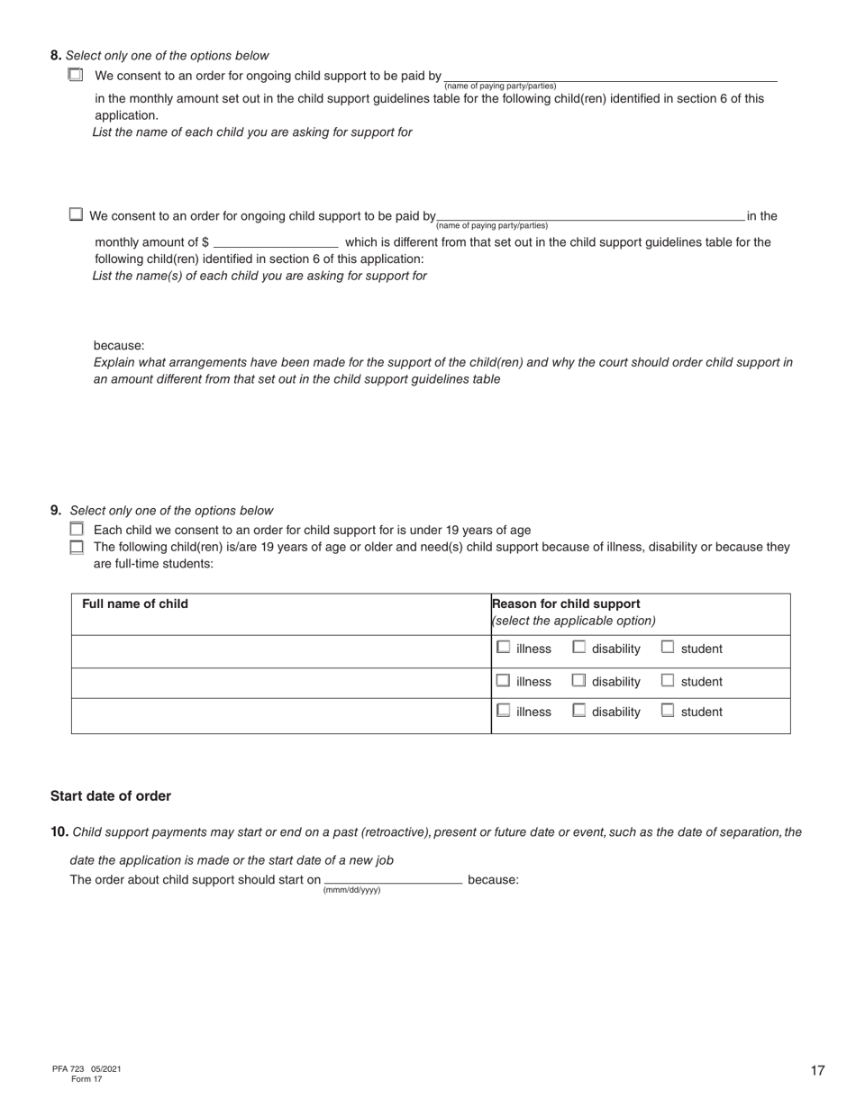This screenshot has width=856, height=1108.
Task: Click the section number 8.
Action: pyautogui.click(x=56, y=55)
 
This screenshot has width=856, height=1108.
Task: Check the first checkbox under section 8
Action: pyautogui.click(x=76, y=75)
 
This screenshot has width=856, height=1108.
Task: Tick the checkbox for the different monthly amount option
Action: pyautogui.click(x=76, y=214)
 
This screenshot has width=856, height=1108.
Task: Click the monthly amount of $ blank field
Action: pyautogui.click(x=276, y=242)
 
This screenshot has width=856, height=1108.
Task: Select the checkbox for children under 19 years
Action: pyautogui.click(x=77, y=529)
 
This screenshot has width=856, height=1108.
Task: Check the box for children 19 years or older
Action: pyautogui.click(x=77, y=546)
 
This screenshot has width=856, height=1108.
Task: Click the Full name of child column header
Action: pyautogui.click(x=135, y=604)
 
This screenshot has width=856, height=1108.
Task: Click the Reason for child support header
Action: pyautogui.click(x=566, y=604)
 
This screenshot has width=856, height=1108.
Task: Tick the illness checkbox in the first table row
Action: pyautogui.click(x=504, y=647)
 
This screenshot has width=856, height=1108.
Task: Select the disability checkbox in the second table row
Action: pyautogui.click(x=579, y=680)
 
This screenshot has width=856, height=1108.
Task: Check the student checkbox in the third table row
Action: pyautogui.click(x=668, y=710)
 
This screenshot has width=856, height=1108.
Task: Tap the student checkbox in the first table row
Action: pyautogui.click(x=668, y=647)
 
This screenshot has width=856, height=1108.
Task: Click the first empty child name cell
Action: pyautogui.click(x=280, y=650)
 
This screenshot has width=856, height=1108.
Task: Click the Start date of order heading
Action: pyautogui.click(x=110, y=795)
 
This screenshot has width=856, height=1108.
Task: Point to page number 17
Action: pyautogui.click(x=817, y=1070)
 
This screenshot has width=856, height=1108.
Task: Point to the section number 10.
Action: pyautogui.click(x=59, y=831)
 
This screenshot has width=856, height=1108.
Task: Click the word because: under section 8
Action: pyautogui.click(x=119, y=345)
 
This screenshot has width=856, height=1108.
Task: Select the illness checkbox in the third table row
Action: pyautogui.click(x=504, y=710)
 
